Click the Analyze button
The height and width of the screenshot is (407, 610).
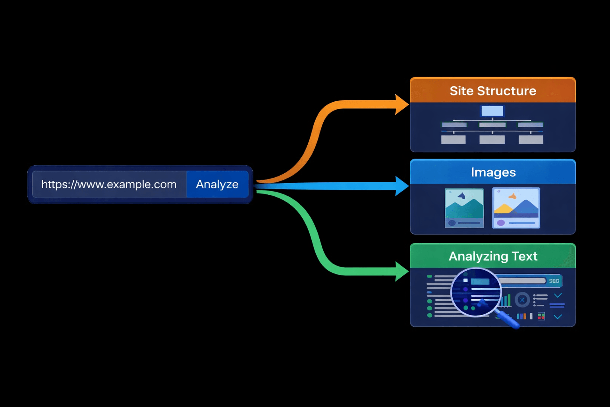point(217,184)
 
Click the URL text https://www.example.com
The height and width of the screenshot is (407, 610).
point(109,184)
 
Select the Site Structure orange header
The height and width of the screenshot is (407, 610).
point(492,91)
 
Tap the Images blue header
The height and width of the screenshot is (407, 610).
point(493,172)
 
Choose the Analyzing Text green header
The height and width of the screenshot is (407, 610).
point(493,256)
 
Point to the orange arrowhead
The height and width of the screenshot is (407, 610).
point(402,105)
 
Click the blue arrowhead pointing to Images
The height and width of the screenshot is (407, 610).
point(402,186)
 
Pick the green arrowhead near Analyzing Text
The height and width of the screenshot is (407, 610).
point(402,271)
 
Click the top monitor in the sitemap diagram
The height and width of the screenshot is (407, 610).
point(492,111)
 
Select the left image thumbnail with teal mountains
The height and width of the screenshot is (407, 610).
point(464,208)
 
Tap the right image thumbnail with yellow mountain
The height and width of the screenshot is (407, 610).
point(516,208)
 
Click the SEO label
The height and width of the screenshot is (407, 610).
point(554,281)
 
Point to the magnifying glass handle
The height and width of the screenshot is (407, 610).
point(509,320)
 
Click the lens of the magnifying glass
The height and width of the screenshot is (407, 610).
point(475,293)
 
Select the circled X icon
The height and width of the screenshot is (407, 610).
point(522,300)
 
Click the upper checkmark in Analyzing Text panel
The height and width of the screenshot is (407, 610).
point(558,295)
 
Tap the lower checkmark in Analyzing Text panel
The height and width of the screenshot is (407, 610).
point(558,317)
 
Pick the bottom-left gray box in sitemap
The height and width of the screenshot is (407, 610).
point(454,140)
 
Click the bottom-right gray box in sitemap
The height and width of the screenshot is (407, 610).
point(531,140)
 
